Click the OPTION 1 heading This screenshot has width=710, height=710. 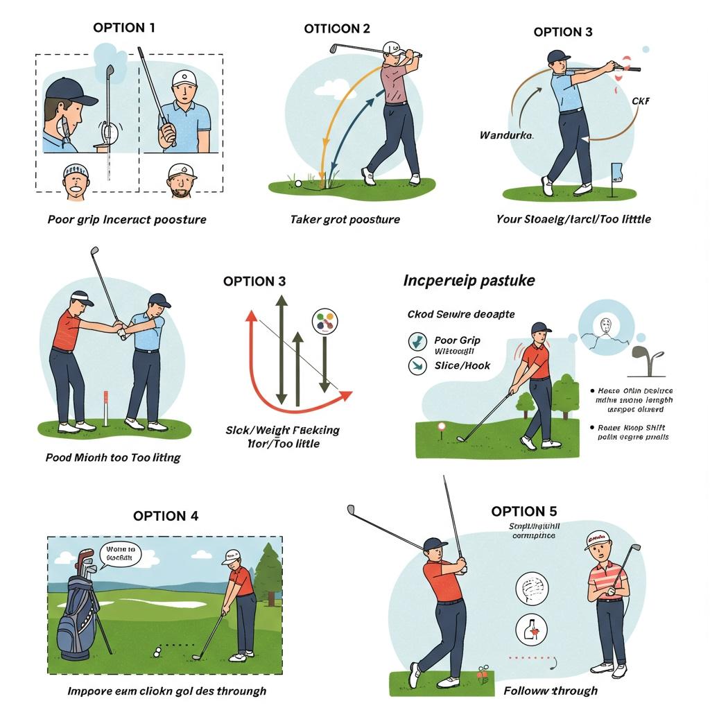coord(124,28)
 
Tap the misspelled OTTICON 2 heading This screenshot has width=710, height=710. coord(337,28)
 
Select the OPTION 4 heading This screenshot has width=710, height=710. coord(166,515)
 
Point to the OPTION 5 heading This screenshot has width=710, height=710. coord(523,511)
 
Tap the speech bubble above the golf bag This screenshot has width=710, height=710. coord(120,555)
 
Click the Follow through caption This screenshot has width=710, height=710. coord(551,691)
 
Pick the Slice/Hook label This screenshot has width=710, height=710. coord(462,365)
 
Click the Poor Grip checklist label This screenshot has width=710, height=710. coord(457,340)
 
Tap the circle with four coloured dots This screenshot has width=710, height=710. coord(325,321)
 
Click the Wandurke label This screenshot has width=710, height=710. coord(506,135)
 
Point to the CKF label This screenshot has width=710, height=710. coord(641,101)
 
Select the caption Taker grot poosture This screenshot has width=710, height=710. coord(345,219)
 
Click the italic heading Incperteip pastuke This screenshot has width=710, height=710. coord(469,281)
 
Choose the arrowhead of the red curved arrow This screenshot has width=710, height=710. coord(345,395)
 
